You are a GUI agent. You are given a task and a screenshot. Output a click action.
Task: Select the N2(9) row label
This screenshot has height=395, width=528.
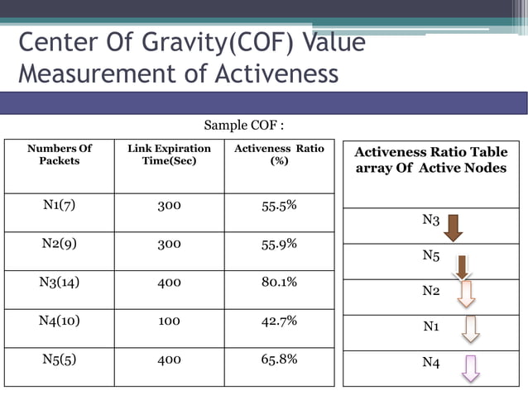coord(59,244)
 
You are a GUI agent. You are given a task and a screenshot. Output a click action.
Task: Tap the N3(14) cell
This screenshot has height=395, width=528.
coord(59,282)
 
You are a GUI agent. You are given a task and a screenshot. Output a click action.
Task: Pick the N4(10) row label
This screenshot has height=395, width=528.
coord(59,321)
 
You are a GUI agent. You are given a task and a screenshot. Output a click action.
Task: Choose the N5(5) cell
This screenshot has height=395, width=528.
coord(59,359)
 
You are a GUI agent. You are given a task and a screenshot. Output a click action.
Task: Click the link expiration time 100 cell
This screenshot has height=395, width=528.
coord(169,321)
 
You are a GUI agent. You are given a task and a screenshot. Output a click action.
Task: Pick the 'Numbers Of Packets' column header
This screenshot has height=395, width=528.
coord(59,155)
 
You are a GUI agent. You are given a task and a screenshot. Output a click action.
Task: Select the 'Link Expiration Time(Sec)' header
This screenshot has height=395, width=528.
coord(169,155)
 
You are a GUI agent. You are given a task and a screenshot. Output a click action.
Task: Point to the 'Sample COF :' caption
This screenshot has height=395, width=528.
coord(244,126)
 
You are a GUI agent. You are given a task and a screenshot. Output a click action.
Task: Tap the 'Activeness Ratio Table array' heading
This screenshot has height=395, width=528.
coord(430,160)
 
